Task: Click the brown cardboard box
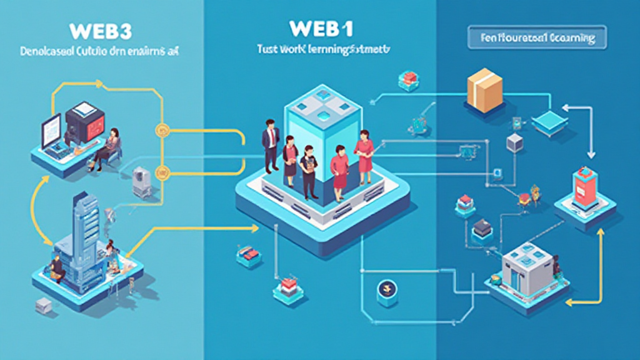click(x=484, y=88)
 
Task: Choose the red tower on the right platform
click(x=585, y=187)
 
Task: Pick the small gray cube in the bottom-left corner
click(x=44, y=305)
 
